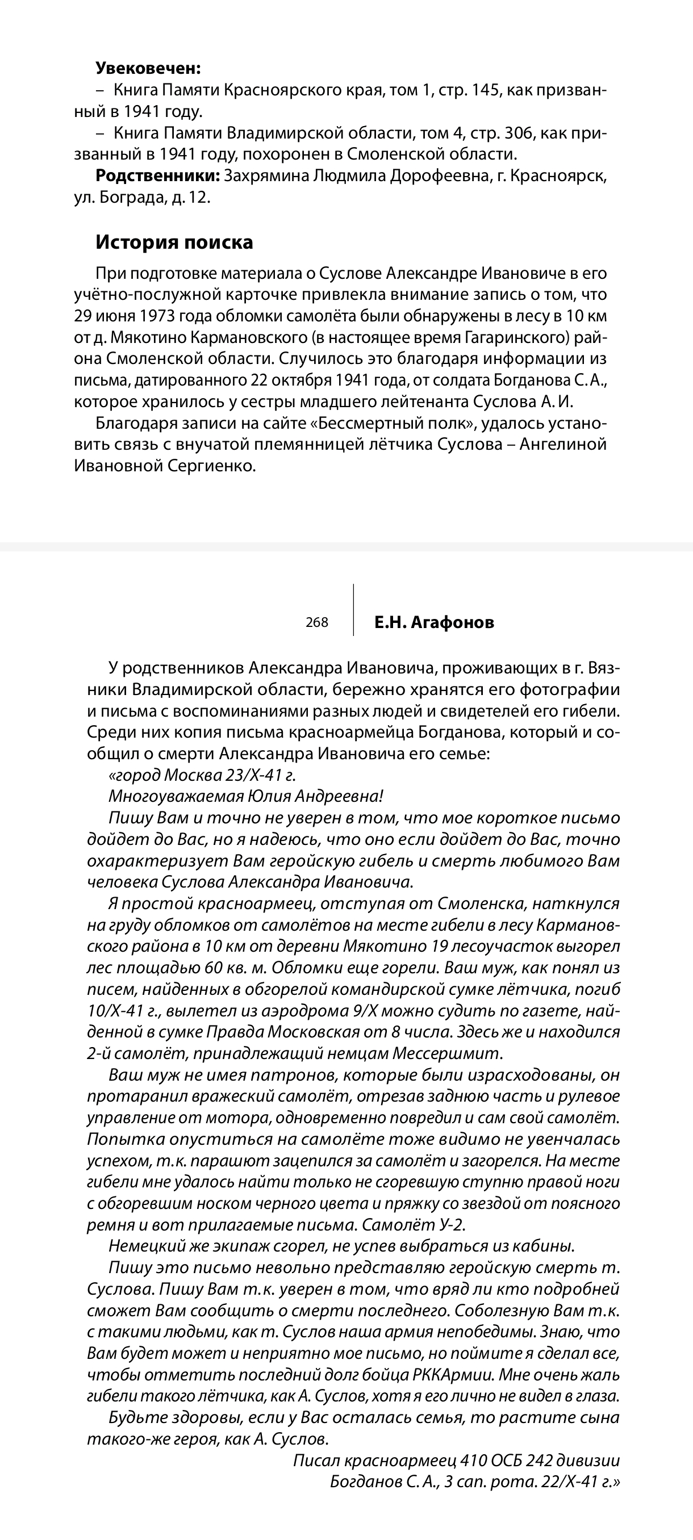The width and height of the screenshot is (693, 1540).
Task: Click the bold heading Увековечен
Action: tap(148, 68)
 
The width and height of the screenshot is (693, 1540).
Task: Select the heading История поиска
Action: tap(174, 242)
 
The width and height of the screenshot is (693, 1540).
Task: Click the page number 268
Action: tap(317, 622)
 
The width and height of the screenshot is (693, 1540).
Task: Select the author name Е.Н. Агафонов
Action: tap(434, 622)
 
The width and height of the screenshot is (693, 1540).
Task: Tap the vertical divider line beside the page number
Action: tap(353, 610)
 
